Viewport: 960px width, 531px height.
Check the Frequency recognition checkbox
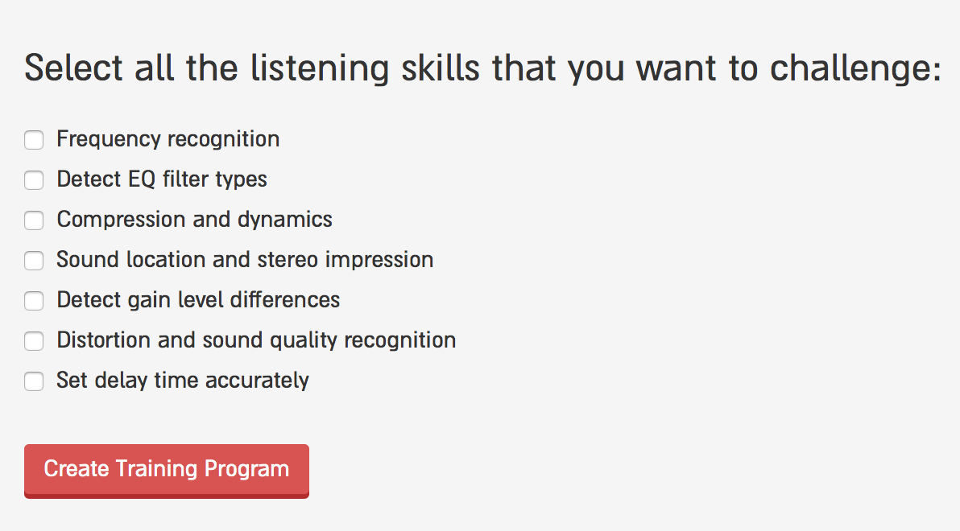point(34,139)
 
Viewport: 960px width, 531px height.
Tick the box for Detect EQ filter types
point(34,180)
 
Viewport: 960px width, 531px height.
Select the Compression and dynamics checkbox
point(34,220)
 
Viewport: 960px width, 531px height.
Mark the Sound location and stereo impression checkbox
point(34,260)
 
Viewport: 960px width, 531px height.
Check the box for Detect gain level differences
point(34,300)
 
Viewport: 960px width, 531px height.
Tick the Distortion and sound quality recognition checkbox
point(34,341)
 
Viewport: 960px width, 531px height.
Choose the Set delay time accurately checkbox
point(34,381)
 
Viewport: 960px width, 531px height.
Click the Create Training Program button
point(167,471)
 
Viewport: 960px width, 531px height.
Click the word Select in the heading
point(73,68)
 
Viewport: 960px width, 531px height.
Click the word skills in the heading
point(441,68)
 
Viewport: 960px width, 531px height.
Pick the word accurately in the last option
point(257,381)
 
